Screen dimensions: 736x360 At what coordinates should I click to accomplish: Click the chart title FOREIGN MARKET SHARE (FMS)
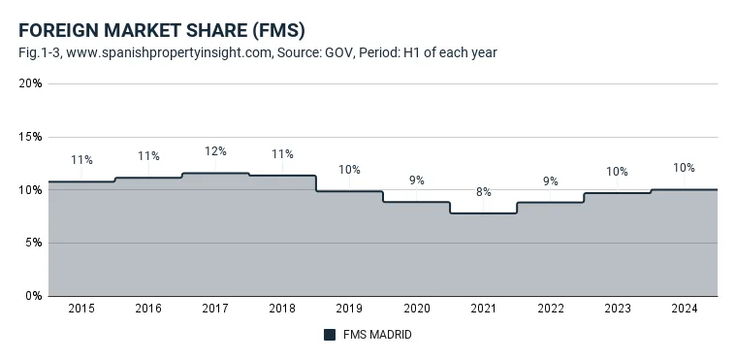(162, 31)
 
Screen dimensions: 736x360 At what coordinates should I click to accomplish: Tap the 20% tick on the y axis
(30, 83)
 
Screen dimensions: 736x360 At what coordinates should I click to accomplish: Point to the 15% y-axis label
(31, 137)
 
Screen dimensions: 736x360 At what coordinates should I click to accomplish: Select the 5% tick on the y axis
(34, 243)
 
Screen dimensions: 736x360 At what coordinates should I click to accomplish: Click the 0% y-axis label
(34, 296)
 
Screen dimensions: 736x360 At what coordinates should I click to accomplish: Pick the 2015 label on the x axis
(81, 309)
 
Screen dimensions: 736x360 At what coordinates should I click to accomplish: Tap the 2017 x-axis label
(215, 309)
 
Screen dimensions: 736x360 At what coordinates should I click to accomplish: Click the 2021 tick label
(484, 309)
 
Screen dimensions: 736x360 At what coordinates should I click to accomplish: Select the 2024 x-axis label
(685, 309)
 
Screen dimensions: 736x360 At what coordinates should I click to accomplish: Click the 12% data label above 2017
(215, 151)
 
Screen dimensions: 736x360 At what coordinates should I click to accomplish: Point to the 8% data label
(484, 192)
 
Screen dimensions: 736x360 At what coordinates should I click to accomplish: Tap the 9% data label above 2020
(416, 180)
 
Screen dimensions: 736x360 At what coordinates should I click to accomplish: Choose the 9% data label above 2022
(551, 180)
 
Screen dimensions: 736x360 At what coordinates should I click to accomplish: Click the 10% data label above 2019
(350, 170)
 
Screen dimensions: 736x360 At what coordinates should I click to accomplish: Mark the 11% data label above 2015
(81, 160)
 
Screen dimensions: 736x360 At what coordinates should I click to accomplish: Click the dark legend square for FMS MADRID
(330, 335)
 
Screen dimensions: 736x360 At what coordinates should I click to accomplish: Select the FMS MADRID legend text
(377, 335)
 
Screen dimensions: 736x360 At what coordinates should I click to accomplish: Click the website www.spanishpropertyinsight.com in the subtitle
(170, 52)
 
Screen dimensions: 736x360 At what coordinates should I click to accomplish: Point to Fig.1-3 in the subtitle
(41, 52)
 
